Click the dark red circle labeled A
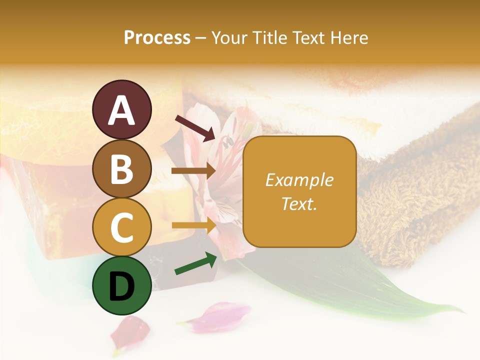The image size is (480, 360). click(x=121, y=110)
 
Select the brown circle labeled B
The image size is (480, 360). click(x=121, y=168)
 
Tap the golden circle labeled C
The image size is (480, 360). click(x=121, y=226)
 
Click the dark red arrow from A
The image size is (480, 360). click(x=195, y=128)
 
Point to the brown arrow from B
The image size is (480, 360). click(x=193, y=171)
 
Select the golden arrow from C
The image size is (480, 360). click(x=193, y=225)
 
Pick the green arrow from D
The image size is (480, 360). click(x=195, y=264)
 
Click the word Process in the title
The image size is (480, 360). click(x=157, y=37)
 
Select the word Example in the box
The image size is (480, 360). click(x=299, y=180)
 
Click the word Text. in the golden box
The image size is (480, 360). click(x=299, y=203)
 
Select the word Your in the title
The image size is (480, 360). click(x=230, y=37)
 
